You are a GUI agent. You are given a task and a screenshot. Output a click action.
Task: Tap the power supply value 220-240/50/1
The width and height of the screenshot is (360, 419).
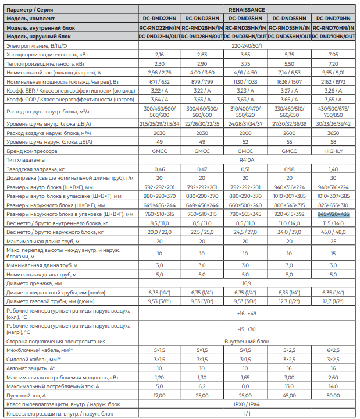pos(247,45)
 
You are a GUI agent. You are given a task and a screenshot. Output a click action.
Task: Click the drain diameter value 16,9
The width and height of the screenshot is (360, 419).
pos(247,282)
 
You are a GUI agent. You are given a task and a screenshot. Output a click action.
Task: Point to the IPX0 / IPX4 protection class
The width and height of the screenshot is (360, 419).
pos(247,404)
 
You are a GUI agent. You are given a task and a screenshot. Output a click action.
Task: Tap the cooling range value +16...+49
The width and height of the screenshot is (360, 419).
pos(247,313)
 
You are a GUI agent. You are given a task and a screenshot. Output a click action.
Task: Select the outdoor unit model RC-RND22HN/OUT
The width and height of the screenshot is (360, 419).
pos(160,36)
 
